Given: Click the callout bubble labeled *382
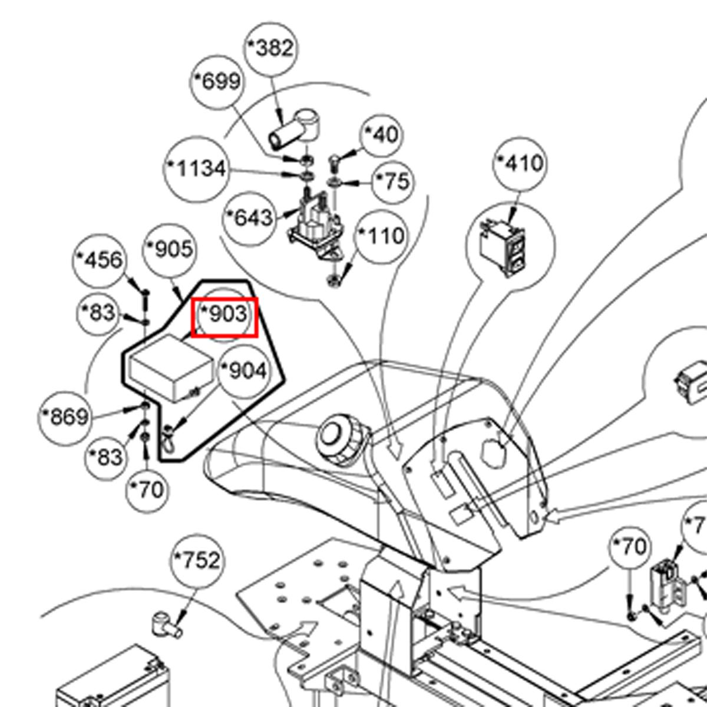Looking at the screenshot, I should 270,48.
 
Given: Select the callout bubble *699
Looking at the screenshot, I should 217,81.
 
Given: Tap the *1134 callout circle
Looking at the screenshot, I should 196,170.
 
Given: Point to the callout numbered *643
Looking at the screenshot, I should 249,218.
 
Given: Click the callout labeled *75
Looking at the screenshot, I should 393,181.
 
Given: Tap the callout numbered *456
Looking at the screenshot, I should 100,260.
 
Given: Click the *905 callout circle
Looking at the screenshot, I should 170,250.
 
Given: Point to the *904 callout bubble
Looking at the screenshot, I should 243,371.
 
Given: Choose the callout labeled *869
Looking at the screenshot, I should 65,417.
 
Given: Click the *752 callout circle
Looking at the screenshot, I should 197,560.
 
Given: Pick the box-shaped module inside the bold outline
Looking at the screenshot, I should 171,370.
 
